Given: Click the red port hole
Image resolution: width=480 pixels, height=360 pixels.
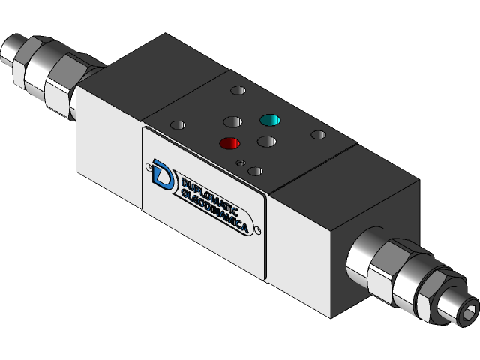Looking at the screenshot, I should click(229, 143).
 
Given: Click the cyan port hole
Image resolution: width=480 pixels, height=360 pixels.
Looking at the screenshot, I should click(268, 120).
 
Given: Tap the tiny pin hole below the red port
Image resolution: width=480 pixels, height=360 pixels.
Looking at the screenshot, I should click(239, 161).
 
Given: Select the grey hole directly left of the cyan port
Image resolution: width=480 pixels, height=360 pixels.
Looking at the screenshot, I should click(230, 121).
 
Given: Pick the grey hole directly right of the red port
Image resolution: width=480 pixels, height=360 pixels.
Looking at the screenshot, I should click(266, 141).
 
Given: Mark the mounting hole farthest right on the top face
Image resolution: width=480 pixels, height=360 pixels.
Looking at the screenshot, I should click(319, 136).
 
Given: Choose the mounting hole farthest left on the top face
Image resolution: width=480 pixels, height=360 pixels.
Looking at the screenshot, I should click(178, 126).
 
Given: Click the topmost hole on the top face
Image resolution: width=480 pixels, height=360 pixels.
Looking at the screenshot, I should click(238, 91).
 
